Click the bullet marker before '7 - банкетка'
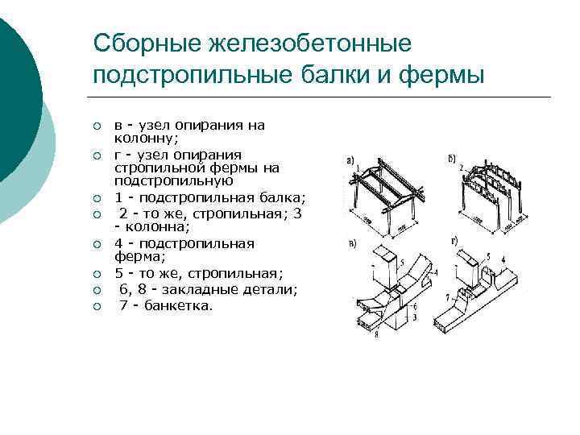pyautogui.click(x=96, y=306)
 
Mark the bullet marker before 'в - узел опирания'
pyautogui.click(x=96, y=126)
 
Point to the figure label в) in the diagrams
pyautogui.click(x=351, y=243)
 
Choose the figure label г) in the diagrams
pyautogui.click(x=456, y=242)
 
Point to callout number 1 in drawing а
pyautogui.click(x=359, y=169)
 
